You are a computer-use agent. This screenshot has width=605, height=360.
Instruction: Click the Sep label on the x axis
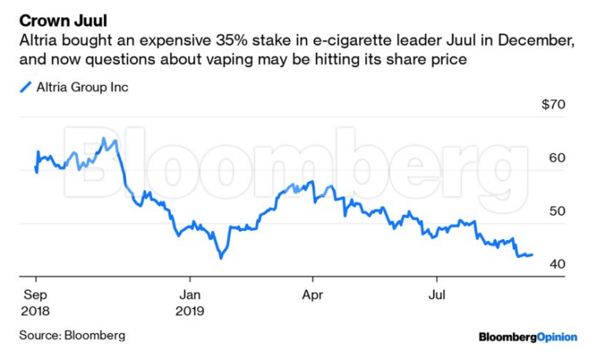pos(35,295)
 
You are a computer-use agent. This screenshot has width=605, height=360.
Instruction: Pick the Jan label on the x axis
pos(189,295)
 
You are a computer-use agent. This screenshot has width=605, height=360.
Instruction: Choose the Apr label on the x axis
pos(313,295)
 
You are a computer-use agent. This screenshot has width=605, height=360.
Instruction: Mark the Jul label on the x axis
pos(436,295)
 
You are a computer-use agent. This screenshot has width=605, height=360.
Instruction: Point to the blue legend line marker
pos(25,87)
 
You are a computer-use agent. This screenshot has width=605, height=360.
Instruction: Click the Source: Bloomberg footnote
pos(72,336)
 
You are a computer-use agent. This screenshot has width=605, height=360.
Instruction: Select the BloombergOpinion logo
pos(528,337)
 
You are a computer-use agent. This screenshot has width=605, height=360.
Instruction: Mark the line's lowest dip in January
pos(221,258)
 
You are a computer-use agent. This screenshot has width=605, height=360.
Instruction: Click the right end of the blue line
pos(533,254)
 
